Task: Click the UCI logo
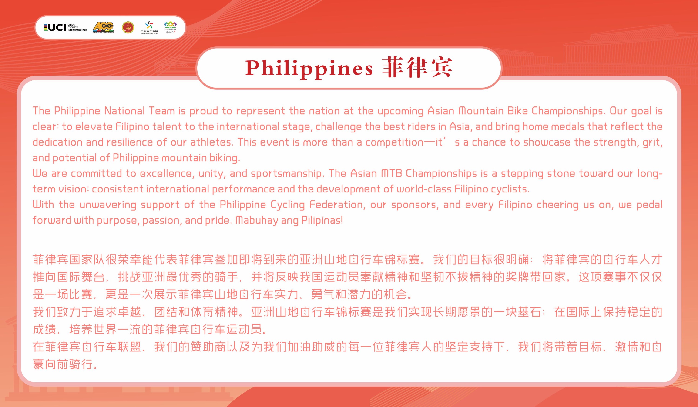click(x=65, y=27)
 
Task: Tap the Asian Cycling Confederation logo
click(x=103, y=27)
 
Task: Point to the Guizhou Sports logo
click(x=170, y=27)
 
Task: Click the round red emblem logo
click(x=128, y=27)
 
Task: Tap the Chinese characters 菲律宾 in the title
click(x=417, y=67)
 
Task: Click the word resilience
click(x=130, y=142)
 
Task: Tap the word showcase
click(x=547, y=142)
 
